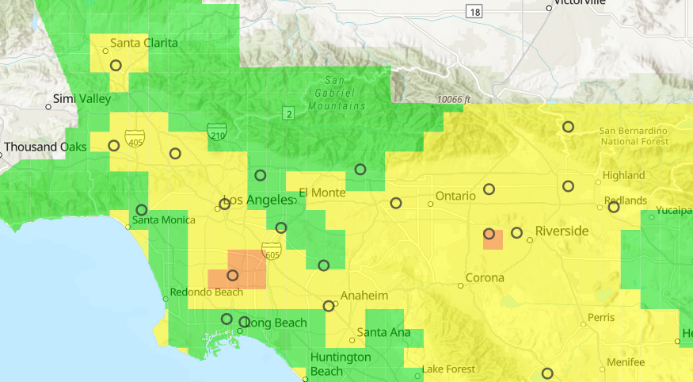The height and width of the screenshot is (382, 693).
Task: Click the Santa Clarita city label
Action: tap(143, 42)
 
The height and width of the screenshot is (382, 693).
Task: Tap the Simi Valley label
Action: tap(82, 99)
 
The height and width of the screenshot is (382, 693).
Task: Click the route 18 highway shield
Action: tap(474, 11)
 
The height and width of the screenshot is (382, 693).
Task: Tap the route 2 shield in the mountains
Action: tap(289, 115)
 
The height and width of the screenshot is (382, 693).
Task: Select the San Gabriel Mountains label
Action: tap(337, 93)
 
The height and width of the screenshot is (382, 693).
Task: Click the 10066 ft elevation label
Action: tap(452, 101)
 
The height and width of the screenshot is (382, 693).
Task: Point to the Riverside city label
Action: tap(562, 231)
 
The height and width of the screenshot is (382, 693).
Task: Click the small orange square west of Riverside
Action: tap(493, 239)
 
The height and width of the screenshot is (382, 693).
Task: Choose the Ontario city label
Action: tap(455, 196)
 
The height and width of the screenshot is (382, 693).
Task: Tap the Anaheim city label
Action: tap(364, 296)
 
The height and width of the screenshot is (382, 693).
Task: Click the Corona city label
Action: tap(485, 278)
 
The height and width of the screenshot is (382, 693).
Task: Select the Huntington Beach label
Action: tap(340, 364)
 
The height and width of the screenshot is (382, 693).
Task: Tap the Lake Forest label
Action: tap(448, 369)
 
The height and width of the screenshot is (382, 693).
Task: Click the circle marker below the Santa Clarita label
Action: tap(116, 66)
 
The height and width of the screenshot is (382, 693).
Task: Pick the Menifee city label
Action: tap(626, 362)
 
